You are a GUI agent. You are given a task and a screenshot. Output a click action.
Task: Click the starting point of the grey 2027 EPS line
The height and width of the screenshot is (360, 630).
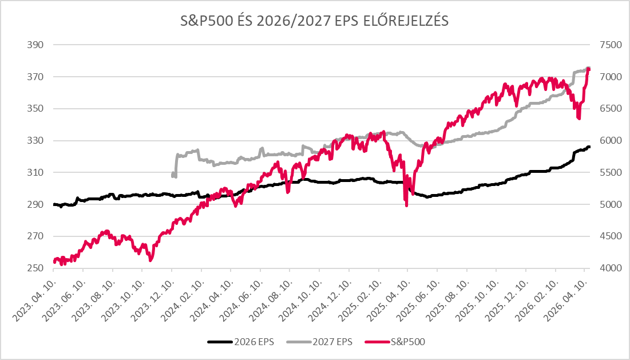coord(173,175)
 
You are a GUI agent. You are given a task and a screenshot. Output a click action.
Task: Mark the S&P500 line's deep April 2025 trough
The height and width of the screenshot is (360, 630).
coord(406,205)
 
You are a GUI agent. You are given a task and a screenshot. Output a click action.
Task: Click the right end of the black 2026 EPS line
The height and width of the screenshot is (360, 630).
coord(589,147)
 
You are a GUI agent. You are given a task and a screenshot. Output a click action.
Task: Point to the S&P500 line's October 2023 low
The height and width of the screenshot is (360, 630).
coord(150,260)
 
